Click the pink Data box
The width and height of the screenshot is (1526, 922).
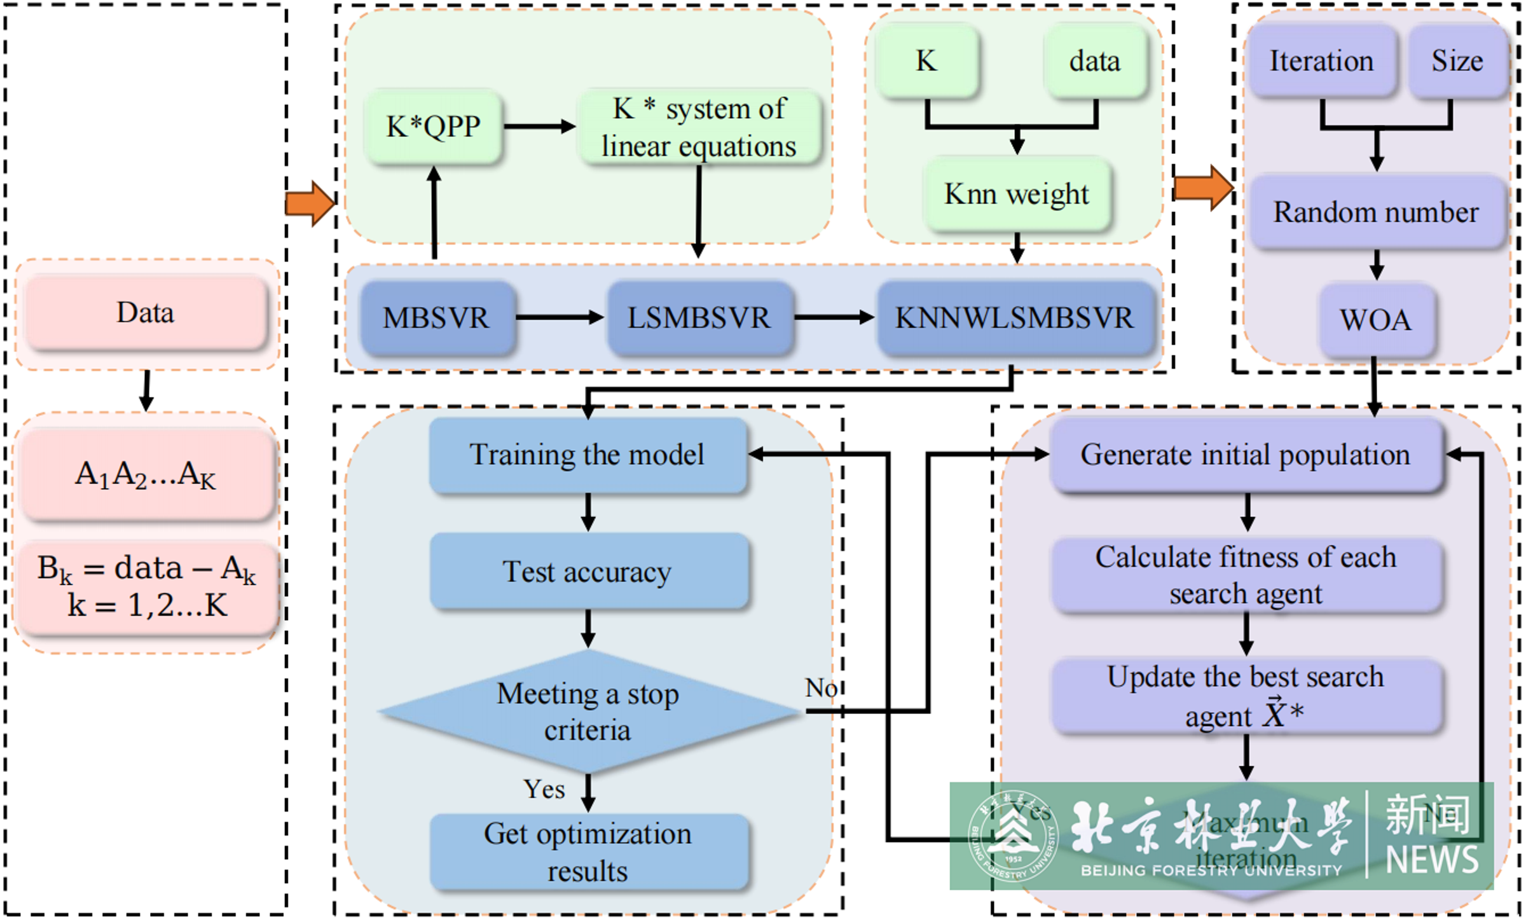pyautogui.click(x=146, y=313)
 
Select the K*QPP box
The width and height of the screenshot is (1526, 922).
pyautogui.click(x=433, y=127)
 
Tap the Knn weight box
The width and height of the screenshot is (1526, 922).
pyautogui.click(x=1017, y=195)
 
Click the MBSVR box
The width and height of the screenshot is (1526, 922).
pyautogui.click(x=436, y=318)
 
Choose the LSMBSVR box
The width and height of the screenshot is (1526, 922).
pyautogui.click(x=699, y=318)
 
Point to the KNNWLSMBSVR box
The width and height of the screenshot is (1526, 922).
pyautogui.click(x=1014, y=318)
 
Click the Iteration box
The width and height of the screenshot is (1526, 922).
pyautogui.click(x=1321, y=62)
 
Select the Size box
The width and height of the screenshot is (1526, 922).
pyautogui.click(x=1457, y=62)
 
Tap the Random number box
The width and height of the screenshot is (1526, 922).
pyautogui.click(x=1376, y=212)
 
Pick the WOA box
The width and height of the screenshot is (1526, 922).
pyautogui.click(x=1376, y=320)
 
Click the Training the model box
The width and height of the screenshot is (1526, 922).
pyautogui.click(x=587, y=455)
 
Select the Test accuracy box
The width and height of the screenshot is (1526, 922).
pyautogui.click(x=587, y=572)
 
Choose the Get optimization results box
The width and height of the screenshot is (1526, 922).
pyautogui.click(x=587, y=852)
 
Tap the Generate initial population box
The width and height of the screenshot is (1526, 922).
pyautogui.click(x=1245, y=455)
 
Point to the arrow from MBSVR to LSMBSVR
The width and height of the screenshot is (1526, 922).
pyautogui.click(x=559, y=317)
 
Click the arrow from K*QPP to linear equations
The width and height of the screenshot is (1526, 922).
pyautogui.click(x=539, y=127)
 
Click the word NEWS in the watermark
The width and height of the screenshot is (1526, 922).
pyautogui.click(x=1432, y=860)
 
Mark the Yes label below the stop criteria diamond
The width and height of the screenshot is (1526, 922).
pyautogui.click(x=544, y=790)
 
